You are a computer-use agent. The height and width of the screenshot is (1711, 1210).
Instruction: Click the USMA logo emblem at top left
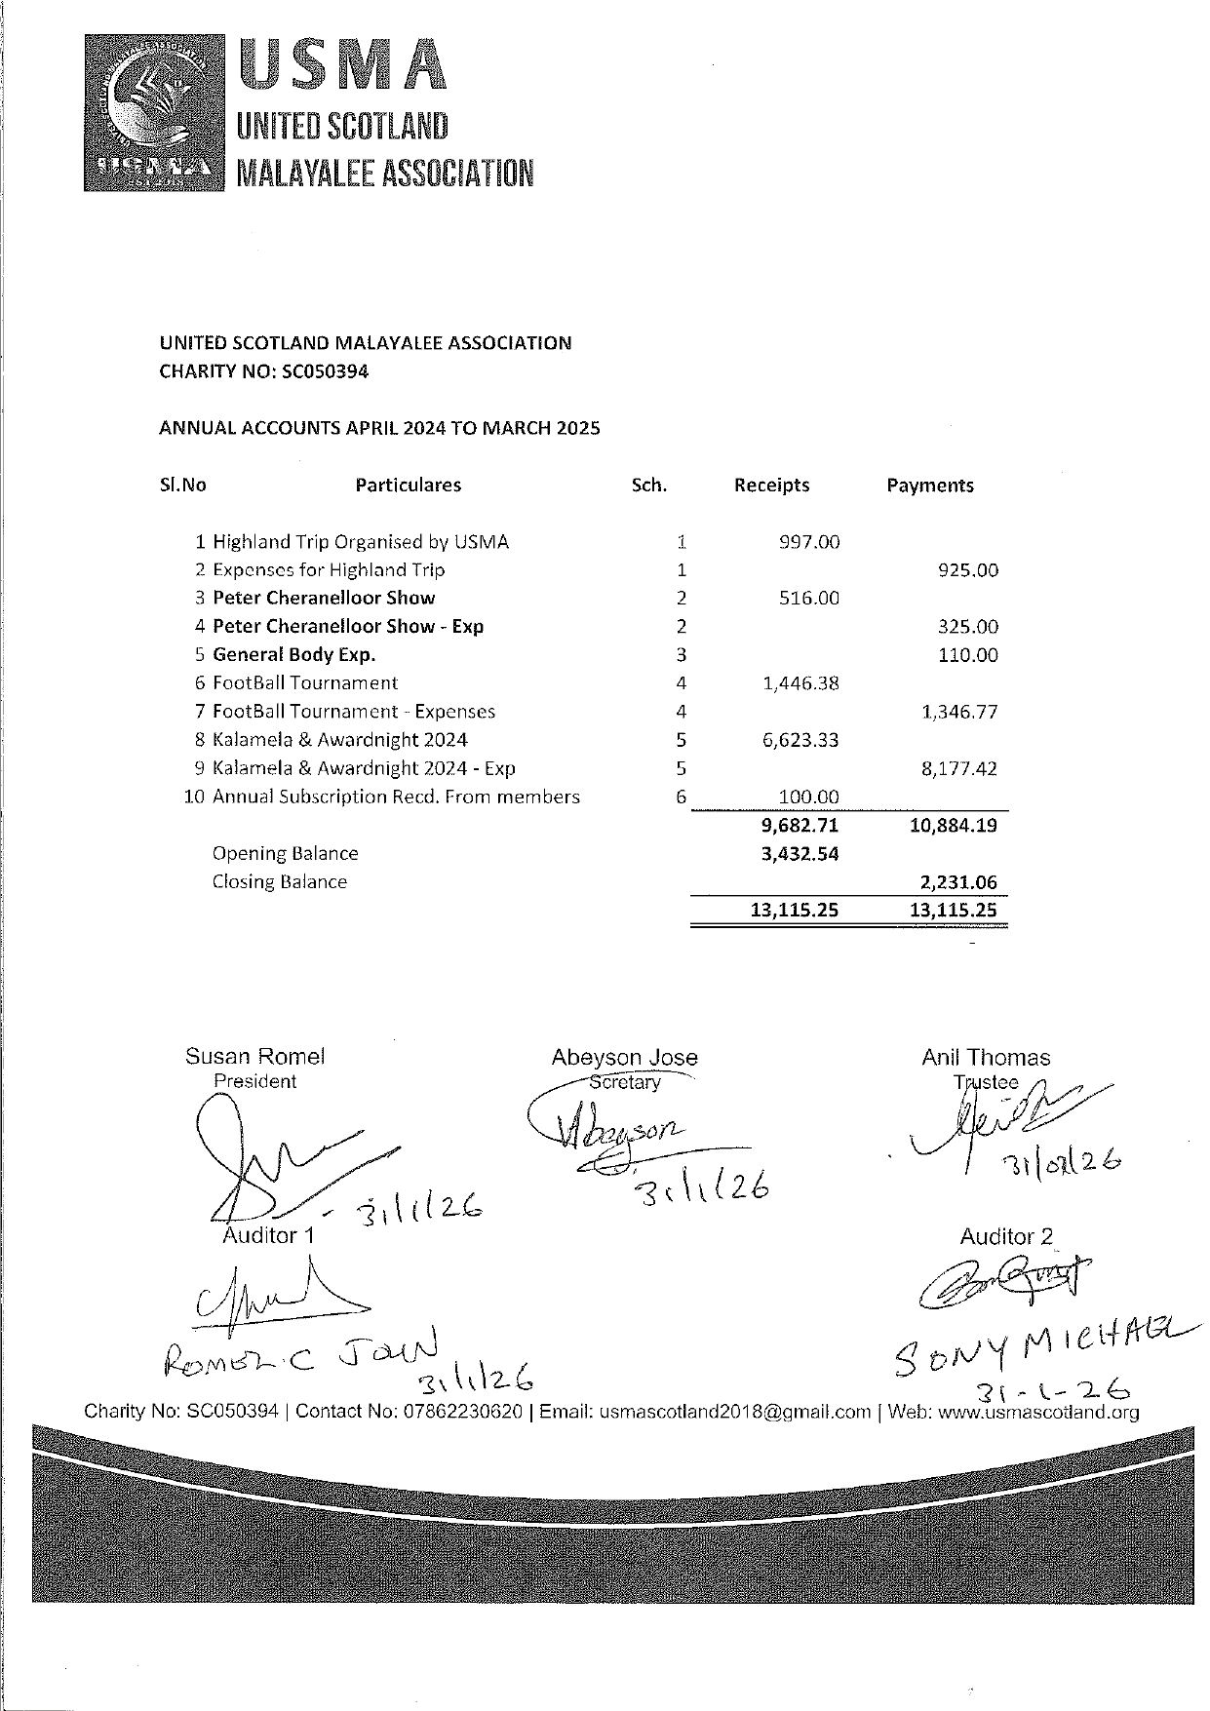pyautogui.click(x=155, y=112)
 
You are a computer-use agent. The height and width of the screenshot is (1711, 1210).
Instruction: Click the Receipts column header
pyautogui.click(x=771, y=486)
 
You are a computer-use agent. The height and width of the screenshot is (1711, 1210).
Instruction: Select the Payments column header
pyautogui.click(x=929, y=486)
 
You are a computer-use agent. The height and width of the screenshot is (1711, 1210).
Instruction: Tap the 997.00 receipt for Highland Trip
pyautogui.click(x=808, y=542)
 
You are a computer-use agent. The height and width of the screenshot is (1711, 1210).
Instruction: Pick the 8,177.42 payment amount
pyautogui.click(x=958, y=768)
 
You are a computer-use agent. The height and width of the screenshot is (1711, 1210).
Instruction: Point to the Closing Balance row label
pyautogui.click(x=279, y=881)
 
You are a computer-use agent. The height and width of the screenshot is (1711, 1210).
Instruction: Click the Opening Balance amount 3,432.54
pyautogui.click(x=800, y=854)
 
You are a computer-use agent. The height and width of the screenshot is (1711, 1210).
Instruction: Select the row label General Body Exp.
pyautogui.click(x=293, y=655)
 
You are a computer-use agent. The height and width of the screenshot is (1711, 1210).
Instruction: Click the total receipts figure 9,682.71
pyautogui.click(x=800, y=826)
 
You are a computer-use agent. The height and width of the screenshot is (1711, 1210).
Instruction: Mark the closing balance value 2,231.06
pyautogui.click(x=958, y=882)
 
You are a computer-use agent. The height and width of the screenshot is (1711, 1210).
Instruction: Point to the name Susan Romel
pyautogui.click(x=254, y=1057)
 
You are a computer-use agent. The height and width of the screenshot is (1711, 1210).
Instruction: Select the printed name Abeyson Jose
pyautogui.click(x=624, y=1058)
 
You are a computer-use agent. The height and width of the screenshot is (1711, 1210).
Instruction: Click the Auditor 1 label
pyautogui.click(x=268, y=1235)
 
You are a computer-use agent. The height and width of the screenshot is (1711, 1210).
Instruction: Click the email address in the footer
pyautogui.click(x=734, y=1412)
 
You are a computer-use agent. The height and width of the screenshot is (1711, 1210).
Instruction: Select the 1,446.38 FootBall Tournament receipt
pyautogui.click(x=800, y=683)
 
